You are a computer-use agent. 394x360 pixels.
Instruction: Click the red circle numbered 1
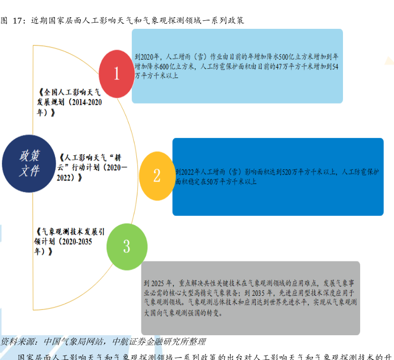pyautogui.click(x=116, y=74)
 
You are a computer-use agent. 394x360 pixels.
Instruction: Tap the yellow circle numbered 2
pyautogui.click(x=157, y=175)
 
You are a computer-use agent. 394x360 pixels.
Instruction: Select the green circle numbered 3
pyautogui.click(x=126, y=246)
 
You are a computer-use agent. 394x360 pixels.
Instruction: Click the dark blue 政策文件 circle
pyautogui.click(x=29, y=163)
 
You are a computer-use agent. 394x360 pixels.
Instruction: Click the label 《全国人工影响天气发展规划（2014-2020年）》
pyautogui.click(x=70, y=103)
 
